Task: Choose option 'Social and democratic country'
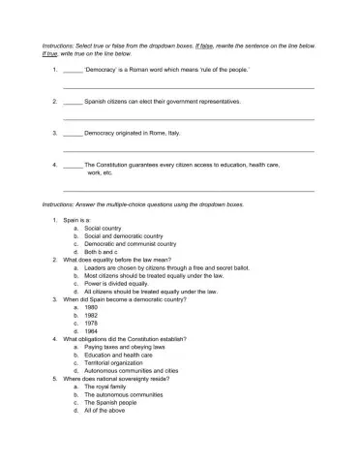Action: pos(123,236)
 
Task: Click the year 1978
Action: pos(92,323)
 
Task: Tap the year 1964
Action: pos(92,331)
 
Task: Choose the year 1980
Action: pos(92,307)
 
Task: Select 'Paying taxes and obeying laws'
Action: pos(126,347)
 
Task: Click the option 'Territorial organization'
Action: pos(117,362)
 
